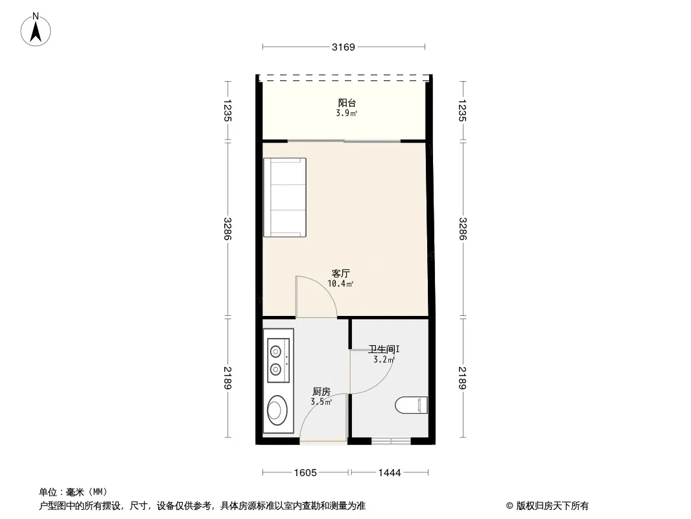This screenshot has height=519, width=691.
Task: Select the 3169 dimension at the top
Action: click(x=344, y=47)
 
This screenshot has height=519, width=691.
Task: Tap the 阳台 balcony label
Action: click(x=347, y=103)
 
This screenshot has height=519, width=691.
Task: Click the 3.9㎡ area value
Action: click(x=346, y=114)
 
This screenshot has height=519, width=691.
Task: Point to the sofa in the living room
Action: click(x=285, y=197)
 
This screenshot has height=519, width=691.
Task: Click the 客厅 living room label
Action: click(x=341, y=273)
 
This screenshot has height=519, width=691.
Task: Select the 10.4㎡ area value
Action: click(x=340, y=284)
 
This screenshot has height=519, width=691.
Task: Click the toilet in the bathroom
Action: click(x=411, y=405)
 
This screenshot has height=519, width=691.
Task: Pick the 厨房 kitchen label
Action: click(x=322, y=391)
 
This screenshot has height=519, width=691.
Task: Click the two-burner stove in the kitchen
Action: click(x=278, y=360)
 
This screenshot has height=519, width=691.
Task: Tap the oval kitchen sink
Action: click(x=277, y=410)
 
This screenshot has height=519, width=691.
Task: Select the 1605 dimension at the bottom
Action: click(x=305, y=473)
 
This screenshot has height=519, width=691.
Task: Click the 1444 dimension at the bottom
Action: click(x=390, y=473)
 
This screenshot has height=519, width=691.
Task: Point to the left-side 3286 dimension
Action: click(x=228, y=228)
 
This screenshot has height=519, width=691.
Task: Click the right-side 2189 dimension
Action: click(x=462, y=378)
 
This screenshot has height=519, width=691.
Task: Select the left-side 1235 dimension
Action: click(x=228, y=110)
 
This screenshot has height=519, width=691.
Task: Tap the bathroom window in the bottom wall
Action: click(x=391, y=441)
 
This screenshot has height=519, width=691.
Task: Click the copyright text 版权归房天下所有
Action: click(x=552, y=506)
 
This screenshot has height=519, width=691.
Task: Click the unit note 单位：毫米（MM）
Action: click(x=73, y=492)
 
